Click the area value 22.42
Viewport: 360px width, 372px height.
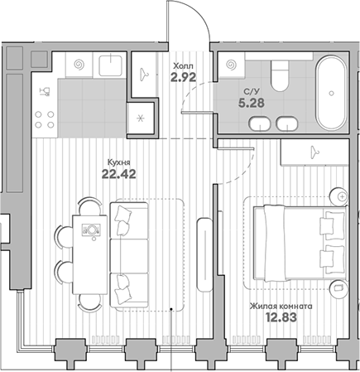pyautogui.click(x=119, y=174)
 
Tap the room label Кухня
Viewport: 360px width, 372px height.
pyautogui.click(x=118, y=162)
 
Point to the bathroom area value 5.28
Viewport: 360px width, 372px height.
pyautogui.click(x=252, y=103)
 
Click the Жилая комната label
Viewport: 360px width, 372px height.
pyautogui.click(x=281, y=307)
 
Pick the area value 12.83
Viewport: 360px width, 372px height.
pyautogui.click(x=281, y=317)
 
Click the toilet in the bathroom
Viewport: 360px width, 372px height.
pyautogui.click(x=280, y=75)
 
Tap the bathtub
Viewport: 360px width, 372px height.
pyautogui.click(x=331, y=93)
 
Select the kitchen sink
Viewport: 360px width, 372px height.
pyautogui.click(x=110, y=65)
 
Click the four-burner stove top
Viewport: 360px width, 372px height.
pyautogui.click(x=45, y=119)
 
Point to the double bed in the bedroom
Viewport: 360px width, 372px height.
pyautogui.click(x=300, y=242)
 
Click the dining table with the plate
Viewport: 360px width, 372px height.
pyautogui.click(x=89, y=254)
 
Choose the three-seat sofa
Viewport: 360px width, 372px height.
pyautogui.click(x=129, y=254)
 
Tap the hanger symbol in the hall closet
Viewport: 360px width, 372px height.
pyautogui.click(x=144, y=74)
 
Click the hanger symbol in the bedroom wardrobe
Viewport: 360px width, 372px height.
pyautogui.click(x=314, y=152)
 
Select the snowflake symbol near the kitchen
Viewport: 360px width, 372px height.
pyautogui.click(x=141, y=118)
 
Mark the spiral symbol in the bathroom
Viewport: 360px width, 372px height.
pyautogui.click(x=231, y=65)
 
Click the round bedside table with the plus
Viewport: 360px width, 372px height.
pyautogui.click(x=339, y=197)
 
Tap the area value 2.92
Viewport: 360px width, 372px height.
pyautogui.click(x=183, y=77)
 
